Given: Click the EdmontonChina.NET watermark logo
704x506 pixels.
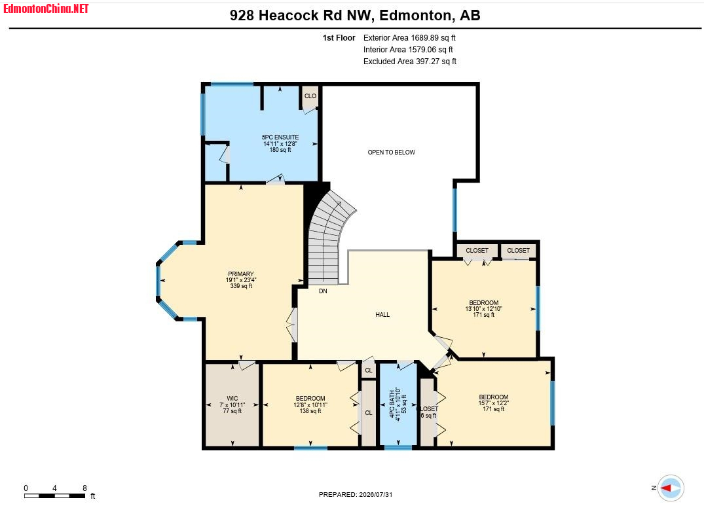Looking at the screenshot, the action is point(46,9).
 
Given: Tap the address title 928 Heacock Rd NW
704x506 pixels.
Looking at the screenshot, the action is point(301,15).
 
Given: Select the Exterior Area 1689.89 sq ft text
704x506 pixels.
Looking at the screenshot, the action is point(409,38).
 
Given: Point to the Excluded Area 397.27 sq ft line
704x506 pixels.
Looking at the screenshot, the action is point(409,62).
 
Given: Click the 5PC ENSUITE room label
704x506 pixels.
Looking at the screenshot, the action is point(280,143).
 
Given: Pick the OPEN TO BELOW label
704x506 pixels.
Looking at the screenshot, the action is point(392,152).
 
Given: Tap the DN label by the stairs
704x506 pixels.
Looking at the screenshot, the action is point(323,291).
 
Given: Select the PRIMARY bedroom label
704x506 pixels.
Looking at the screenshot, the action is point(241,280).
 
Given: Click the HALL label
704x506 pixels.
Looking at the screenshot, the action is point(382,314).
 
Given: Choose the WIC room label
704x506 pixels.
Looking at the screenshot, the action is point(232,405).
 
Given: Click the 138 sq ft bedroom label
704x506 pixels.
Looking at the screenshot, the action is point(310,405).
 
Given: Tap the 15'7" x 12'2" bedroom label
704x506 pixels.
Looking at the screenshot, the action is point(493,403).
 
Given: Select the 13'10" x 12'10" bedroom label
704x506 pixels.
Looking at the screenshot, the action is point(483,308).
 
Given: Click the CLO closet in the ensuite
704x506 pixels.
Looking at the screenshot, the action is point(310,96).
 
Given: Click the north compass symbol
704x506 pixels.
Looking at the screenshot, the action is point(671,488).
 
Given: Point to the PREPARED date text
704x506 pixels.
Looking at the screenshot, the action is point(356,494).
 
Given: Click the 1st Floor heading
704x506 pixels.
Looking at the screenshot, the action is point(339,38).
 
